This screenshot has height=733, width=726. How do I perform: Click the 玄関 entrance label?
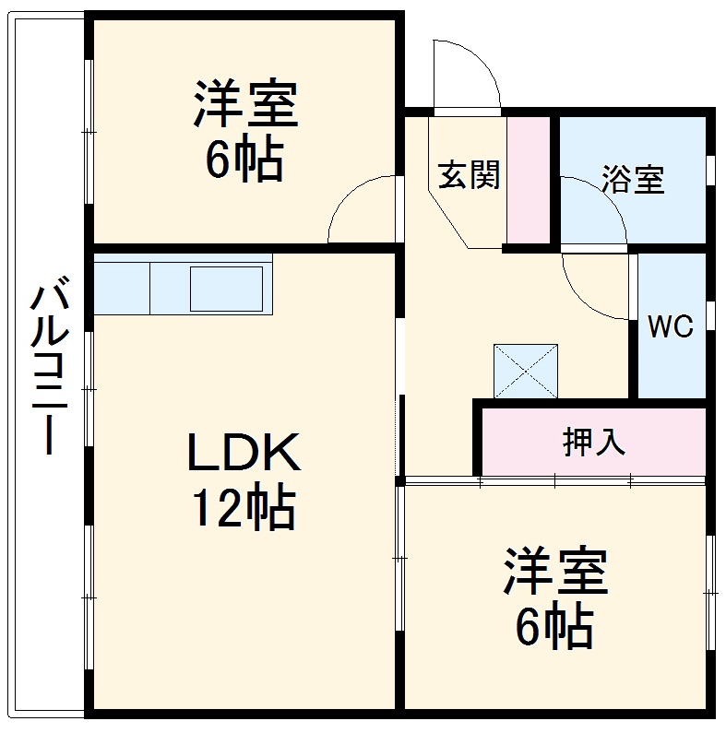click(x=468, y=174)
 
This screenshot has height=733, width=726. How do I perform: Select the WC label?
click(x=670, y=326)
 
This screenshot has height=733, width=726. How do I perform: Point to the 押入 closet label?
click(x=594, y=442)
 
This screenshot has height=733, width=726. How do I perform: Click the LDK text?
click(x=244, y=454)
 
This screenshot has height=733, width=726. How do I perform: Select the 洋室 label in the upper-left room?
click(x=244, y=105)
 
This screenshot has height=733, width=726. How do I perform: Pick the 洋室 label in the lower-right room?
click(x=554, y=573)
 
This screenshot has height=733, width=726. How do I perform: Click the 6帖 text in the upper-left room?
click(x=244, y=160)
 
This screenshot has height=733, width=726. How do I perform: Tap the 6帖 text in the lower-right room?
click(x=553, y=628)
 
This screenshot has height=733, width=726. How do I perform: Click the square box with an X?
click(x=526, y=371)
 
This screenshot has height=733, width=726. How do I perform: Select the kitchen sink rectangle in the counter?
click(x=231, y=288)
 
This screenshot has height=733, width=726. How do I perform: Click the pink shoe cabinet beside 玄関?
click(x=529, y=181)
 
